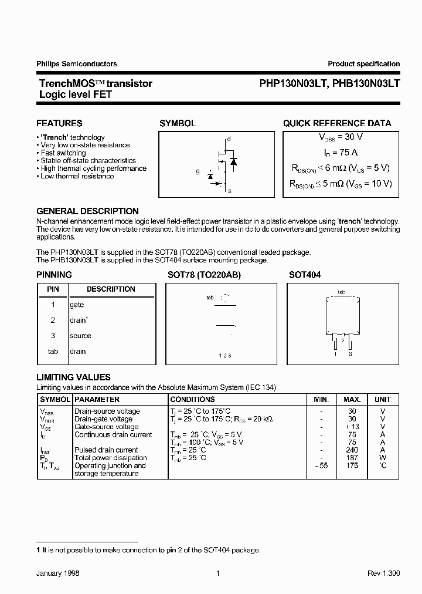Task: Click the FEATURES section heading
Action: (x=59, y=123)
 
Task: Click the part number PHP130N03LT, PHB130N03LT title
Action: (x=329, y=83)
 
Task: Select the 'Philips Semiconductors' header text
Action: (x=76, y=64)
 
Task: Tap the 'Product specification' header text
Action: (x=363, y=64)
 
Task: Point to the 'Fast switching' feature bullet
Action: (x=63, y=153)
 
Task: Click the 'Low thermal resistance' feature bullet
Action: (x=77, y=176)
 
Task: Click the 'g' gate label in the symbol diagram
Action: (x=198, y=172)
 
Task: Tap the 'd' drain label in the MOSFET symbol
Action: (x=229, y=139)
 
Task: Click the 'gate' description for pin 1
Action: (x=77, y=305)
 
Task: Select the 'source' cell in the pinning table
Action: (x=80, y=336)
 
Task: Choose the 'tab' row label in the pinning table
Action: (x=53, y=352)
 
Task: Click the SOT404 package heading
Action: (x=305, y=275)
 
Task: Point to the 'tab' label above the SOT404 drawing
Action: (x=341, y=292)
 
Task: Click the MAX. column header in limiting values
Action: (x=352, y=399)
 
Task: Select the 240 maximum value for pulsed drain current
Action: (x=352, y=450)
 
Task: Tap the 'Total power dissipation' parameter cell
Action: (x=111, y=458)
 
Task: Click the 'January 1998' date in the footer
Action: (x=58, y=573)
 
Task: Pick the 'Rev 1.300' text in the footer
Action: (x=384, y=573)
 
